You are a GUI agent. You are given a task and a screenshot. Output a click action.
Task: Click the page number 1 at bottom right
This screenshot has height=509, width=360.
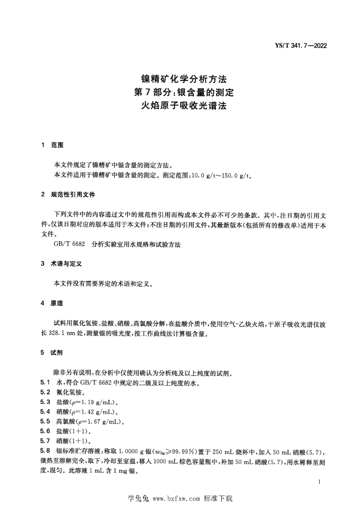click(318, 482)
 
